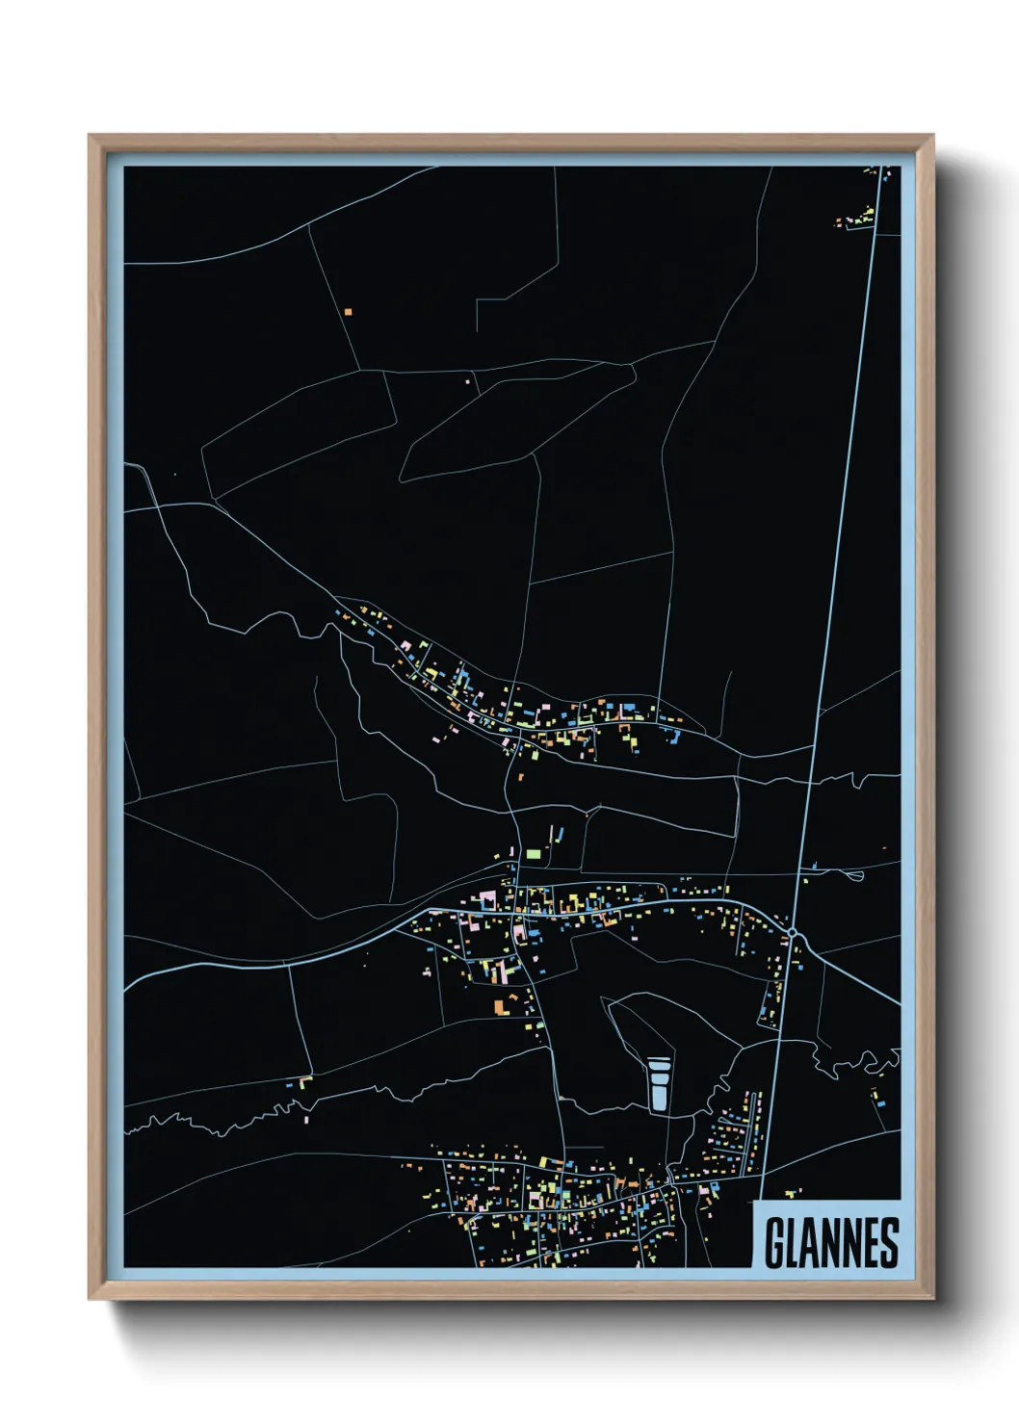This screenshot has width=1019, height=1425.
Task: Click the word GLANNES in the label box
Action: pos(831,1243)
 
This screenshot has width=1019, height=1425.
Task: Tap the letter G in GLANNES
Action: pos(773,1243)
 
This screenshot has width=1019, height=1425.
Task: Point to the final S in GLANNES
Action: pos(890,1243)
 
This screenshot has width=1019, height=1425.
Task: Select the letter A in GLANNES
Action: pos(810,1243)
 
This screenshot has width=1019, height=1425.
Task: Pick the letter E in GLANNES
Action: pos(871,1243)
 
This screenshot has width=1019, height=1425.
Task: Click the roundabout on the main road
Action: pos(792,933)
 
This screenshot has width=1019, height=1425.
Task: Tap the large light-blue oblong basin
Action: pos(659,1084)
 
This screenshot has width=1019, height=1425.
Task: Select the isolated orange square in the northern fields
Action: pos(349,312)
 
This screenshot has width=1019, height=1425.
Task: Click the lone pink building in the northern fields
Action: pos(469,382)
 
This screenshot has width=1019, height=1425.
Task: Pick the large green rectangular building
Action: pos(533,853)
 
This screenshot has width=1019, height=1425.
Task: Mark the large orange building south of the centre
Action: pos(500,1006)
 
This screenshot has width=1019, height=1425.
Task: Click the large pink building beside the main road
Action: pos(487,899)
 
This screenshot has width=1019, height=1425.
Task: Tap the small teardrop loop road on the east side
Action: pos(850,874)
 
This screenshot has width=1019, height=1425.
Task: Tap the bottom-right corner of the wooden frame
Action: pos(931,1297)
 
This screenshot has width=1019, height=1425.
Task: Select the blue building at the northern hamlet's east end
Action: pos(674,738)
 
